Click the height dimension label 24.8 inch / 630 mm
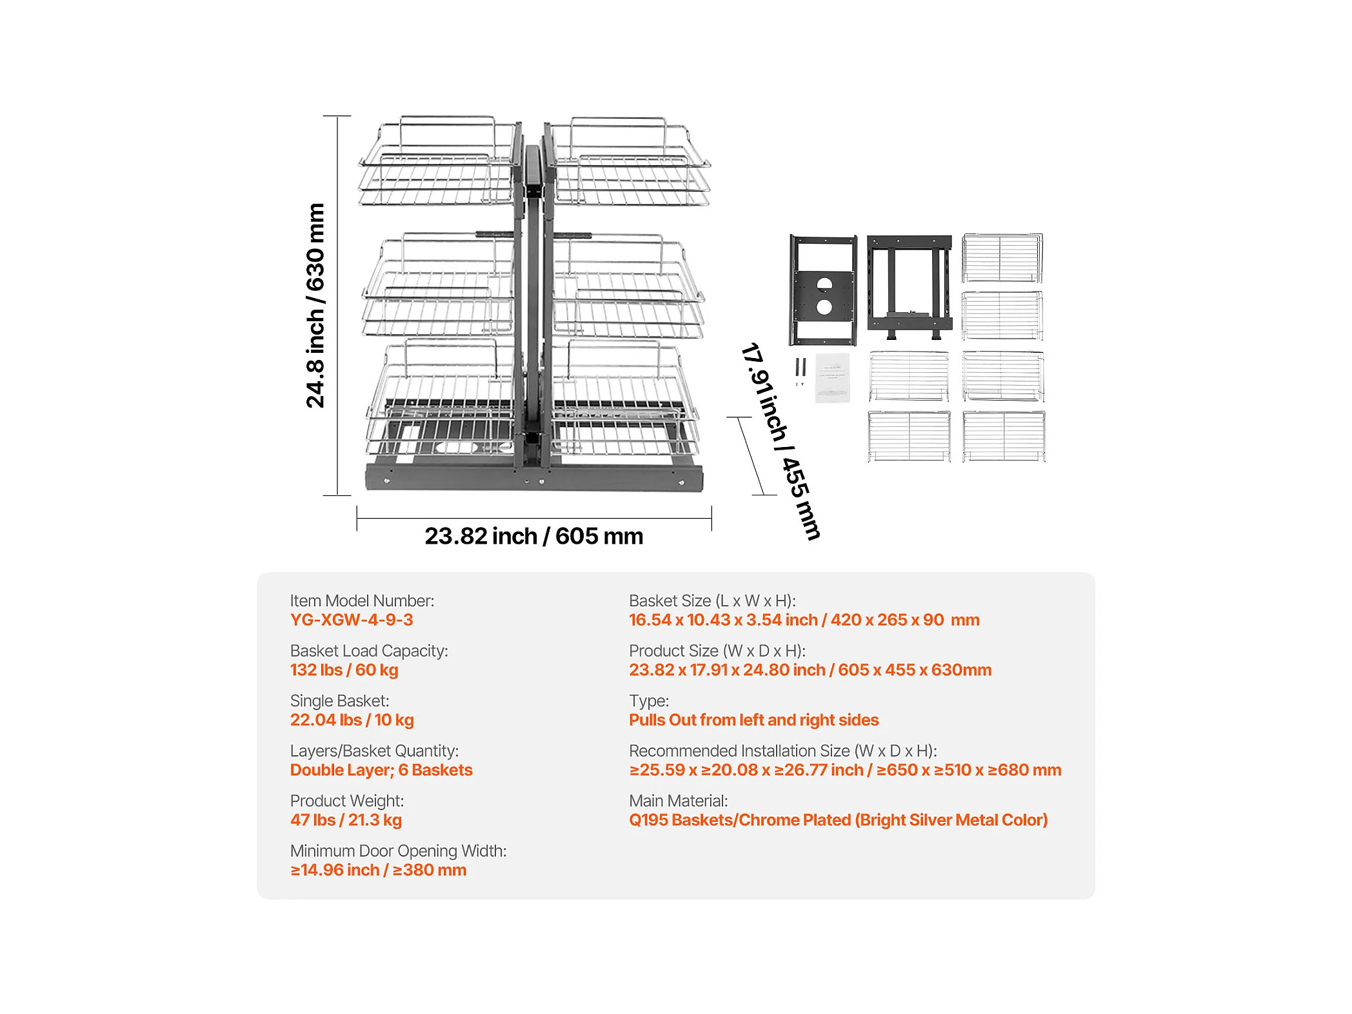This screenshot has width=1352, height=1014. click(x=315, y=305)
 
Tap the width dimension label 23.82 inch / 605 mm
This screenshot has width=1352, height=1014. click(x=533, y=536)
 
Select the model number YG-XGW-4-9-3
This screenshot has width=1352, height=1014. click(x=352, y=620)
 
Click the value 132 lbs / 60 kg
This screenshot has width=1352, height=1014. click(x=344, y=670)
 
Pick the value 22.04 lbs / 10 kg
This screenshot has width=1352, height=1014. click(x=352, y=720)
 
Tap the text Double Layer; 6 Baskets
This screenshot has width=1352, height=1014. click(x=381, y=770)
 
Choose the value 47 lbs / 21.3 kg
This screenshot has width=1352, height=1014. click(x=346, y=820)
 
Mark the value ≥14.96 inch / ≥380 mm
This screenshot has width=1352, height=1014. click(x=378, y=870)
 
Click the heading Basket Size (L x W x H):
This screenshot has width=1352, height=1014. click(x=712, y=601)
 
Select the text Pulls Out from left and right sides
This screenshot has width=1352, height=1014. click(x=753, y=720)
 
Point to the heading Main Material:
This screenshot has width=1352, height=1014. click(x=678, y=800)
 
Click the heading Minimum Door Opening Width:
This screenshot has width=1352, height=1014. click(x=398, y=851)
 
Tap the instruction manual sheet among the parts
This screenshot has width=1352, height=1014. click(x=832, y=377)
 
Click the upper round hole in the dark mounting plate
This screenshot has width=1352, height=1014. click(x=824, y=284)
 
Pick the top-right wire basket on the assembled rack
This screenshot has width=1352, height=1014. click(x=629, y=164)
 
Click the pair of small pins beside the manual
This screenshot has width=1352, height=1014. click(x=800, y=370)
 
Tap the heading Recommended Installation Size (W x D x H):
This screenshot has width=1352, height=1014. click(x=782, y=751)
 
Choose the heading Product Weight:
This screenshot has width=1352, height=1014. click(x=346, y=800)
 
